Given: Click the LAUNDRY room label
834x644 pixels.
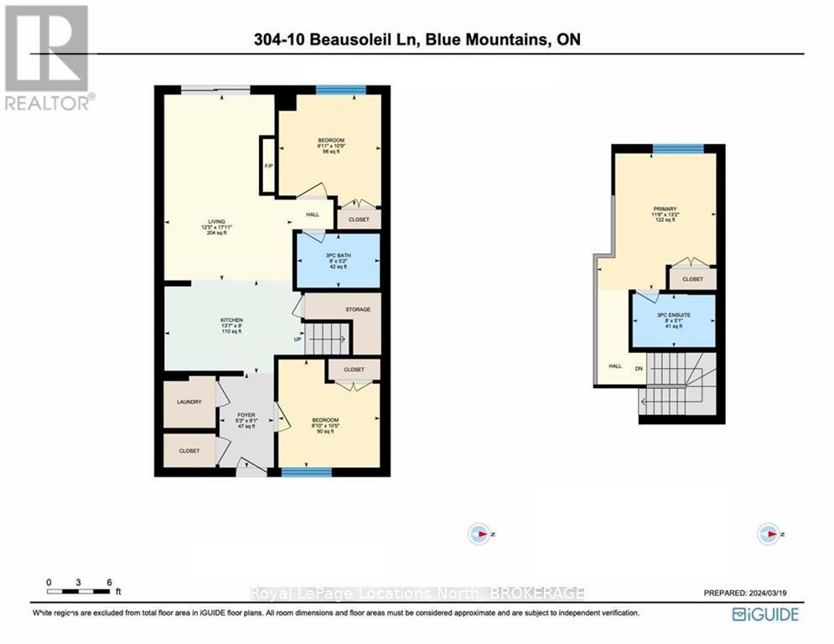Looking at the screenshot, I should click(x=189, y=402).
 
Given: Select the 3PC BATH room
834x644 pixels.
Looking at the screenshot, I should click(x=337, y=260).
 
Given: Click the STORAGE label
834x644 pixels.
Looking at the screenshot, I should click(x=358, y=310).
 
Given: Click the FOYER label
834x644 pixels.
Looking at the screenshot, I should click(x=246, y=414).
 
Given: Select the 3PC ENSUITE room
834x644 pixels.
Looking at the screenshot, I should click(x=673, y=319).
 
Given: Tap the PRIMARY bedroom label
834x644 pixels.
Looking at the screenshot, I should click(x=666, y=209).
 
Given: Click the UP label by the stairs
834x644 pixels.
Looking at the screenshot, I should click(x=297, y=340).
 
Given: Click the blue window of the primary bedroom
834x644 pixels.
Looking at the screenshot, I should click(x=678, y=149).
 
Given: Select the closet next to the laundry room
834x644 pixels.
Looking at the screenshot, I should click(x=189, y=451).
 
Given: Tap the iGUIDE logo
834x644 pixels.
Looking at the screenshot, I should click(x=764, y=615).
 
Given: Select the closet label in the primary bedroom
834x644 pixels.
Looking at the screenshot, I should click(x=692, y=279).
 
